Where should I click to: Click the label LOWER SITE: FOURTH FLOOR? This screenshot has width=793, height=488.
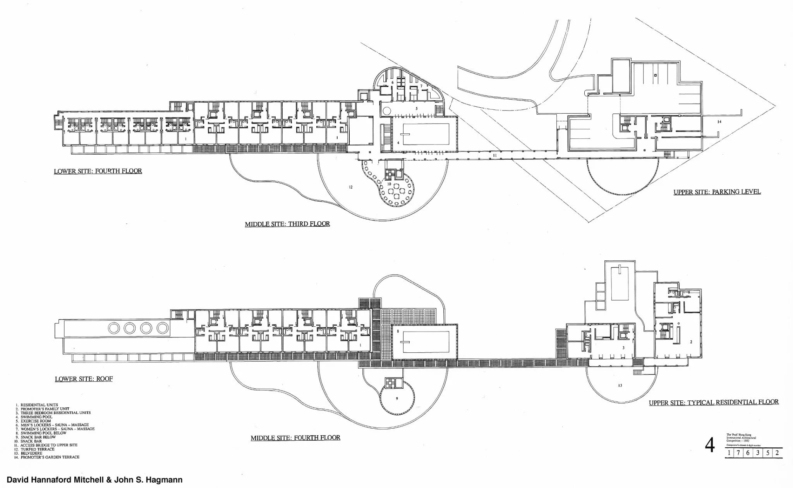coord(98,171)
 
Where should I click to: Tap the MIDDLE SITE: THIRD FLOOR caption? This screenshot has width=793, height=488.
coord(287,224)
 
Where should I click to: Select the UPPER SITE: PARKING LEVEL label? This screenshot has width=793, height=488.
coord(717,192)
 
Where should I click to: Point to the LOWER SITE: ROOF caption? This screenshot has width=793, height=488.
coord(84,379)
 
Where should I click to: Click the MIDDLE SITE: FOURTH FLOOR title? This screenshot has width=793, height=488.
coord(295,438)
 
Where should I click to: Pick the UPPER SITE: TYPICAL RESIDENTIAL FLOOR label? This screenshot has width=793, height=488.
coord(713,402)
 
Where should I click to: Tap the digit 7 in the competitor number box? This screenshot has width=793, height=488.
coord(738,453)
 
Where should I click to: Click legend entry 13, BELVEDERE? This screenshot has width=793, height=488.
coord(31,453)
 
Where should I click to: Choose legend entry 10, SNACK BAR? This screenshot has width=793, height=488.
coord(31,441)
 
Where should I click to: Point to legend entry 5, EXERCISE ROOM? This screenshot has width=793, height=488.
coord(35,421)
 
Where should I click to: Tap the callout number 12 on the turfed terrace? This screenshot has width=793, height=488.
coord(350,187)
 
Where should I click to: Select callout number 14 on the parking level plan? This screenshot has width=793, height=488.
coord(719,122)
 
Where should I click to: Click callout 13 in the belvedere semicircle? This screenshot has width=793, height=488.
coord(620,386)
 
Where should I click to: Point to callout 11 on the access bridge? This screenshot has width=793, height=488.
coord(494,155)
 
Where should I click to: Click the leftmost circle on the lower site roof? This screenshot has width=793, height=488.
coord(114,328)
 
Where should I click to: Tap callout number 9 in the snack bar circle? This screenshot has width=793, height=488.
coord(397,398)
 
